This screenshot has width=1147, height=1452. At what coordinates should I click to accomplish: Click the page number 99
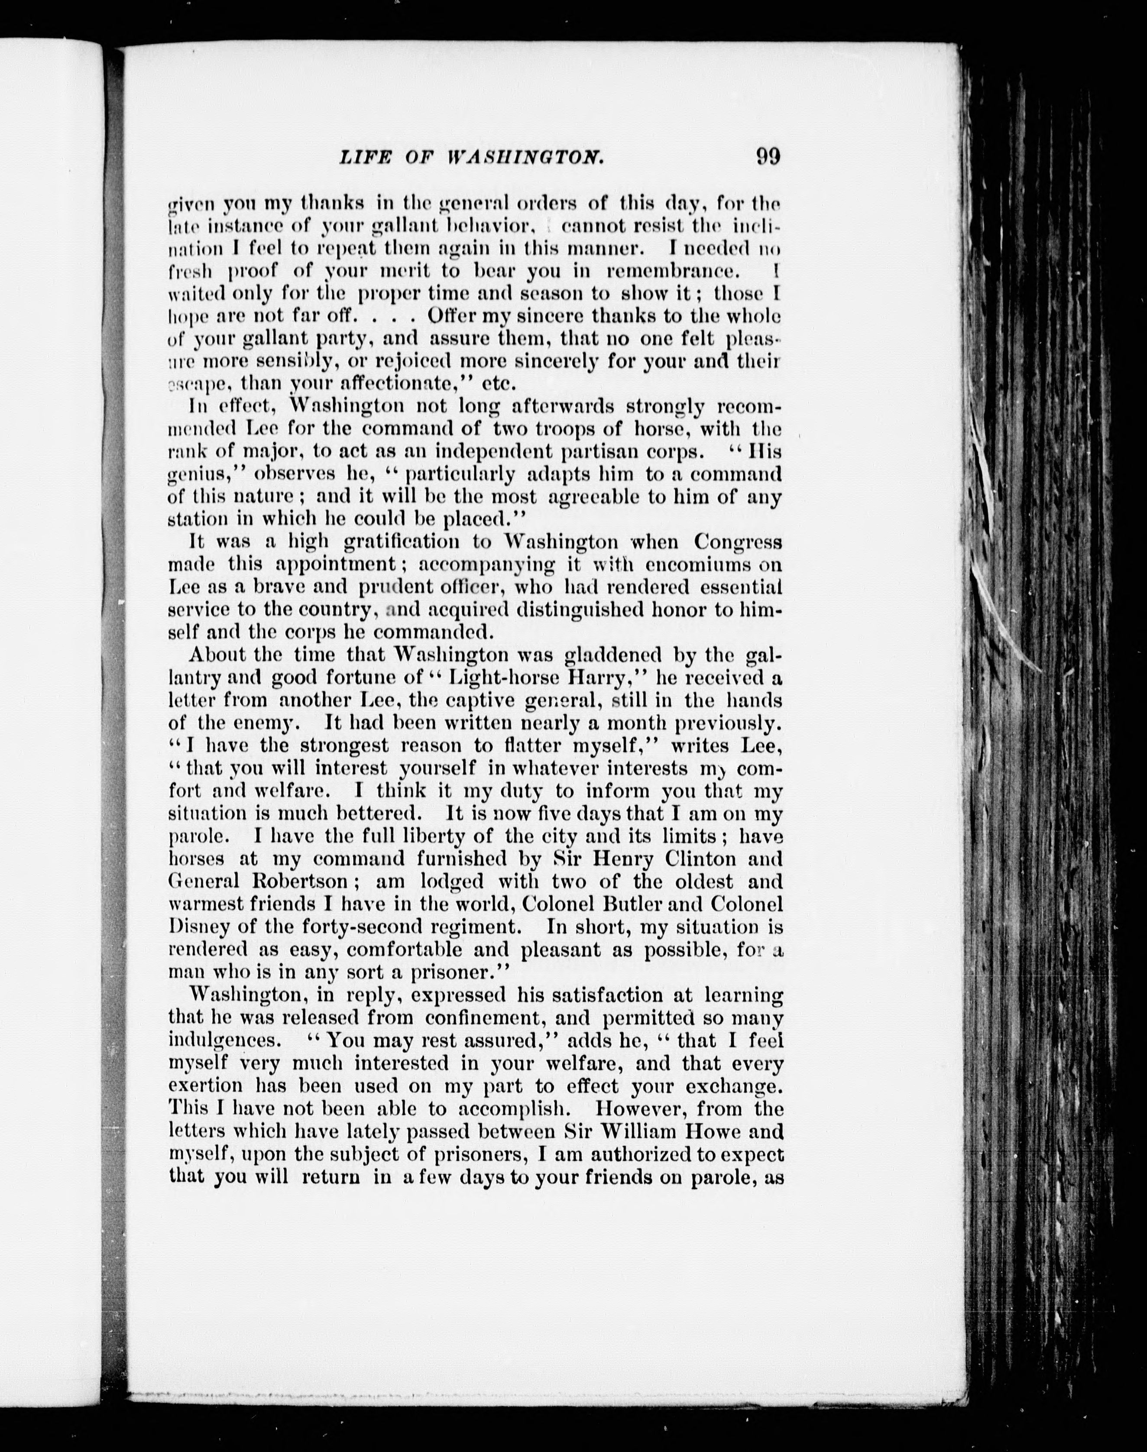767,156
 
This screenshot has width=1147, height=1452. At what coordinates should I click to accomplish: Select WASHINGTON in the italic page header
526,157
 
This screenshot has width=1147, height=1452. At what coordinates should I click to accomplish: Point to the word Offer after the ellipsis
456,316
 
